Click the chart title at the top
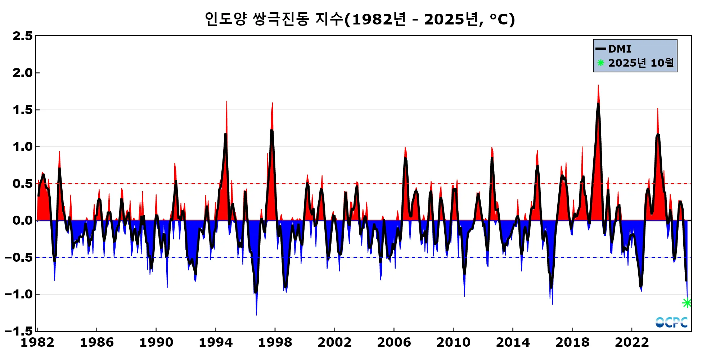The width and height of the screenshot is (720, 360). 360,19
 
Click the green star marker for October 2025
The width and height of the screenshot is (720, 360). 687,303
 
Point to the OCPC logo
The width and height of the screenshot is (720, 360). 671,322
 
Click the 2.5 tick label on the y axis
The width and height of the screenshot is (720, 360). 22,36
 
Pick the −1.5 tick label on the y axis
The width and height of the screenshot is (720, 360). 19,331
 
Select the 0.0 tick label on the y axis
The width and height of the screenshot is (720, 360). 22,220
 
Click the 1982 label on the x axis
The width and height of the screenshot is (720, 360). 37,342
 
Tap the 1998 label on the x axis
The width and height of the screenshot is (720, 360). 275,342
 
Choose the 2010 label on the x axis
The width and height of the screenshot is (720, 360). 453,342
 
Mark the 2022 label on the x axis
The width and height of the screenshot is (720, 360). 631,342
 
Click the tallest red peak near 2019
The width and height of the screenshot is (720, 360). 598,86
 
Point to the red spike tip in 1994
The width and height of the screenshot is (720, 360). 226,102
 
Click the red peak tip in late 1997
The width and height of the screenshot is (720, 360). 273,103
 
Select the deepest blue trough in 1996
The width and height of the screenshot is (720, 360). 256,315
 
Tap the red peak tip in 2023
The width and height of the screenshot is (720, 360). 658,109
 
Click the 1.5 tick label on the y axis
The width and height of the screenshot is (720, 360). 22,110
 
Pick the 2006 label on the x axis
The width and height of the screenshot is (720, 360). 394,342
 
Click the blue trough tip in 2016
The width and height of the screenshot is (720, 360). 552,304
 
